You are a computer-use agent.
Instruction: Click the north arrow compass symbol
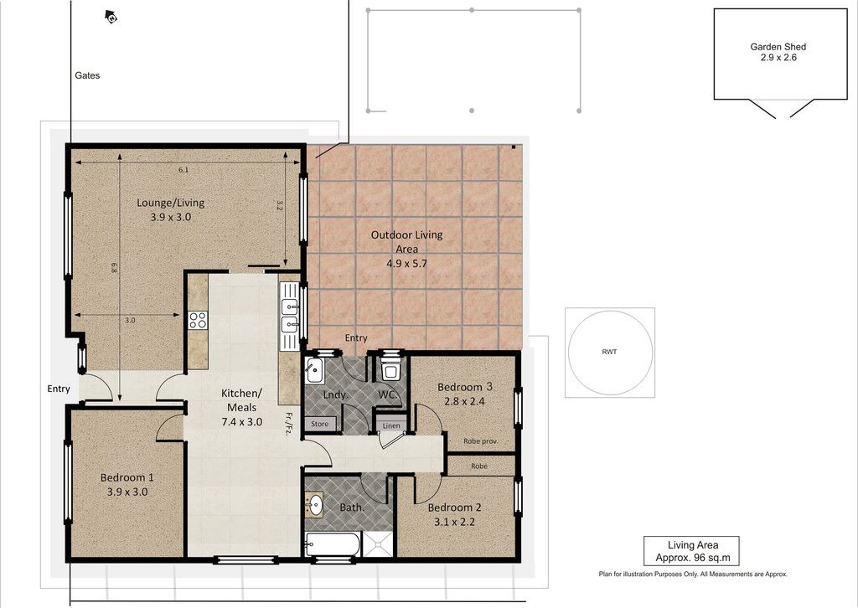tap(111, 17)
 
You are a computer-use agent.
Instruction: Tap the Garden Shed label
tap(778, 47)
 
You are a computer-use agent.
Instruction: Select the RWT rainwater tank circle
tap(610, 352)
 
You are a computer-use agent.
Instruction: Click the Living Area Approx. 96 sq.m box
tap(691, 551)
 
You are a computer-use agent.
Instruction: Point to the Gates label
tap(87, 75)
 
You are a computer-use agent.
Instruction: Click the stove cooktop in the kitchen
tap(198, 320)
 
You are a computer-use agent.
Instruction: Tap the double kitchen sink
tap(289, 317)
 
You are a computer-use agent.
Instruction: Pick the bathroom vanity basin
tap(315, 504)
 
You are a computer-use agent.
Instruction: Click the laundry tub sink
tap(315, 370)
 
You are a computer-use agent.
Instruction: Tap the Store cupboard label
tap(319, 424)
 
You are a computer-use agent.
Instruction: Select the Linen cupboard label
tap(391, 425)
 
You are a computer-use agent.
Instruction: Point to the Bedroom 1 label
tap(127, 478)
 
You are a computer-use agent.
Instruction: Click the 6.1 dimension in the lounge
tap(183, 170)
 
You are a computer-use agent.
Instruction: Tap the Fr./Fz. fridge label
tap(288, 423)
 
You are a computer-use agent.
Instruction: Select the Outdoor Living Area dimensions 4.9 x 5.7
tap(406, 264)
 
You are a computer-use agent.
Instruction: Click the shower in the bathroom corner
tap(377, 544)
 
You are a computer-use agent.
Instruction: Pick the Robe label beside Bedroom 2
tap(478, 466)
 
